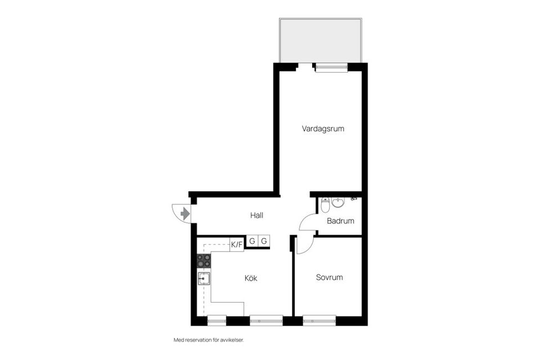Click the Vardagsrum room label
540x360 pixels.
pos(322,129)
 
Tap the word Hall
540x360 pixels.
pos(256,215)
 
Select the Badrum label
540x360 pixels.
pos(340,221)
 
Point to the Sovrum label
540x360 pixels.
pos(329,277)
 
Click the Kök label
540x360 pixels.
pos(251,278)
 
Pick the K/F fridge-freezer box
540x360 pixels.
pos(237,244)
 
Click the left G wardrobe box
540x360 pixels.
pos(252,242)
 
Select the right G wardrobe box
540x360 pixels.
pos(264,242)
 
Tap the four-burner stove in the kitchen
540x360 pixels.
pos(204,260)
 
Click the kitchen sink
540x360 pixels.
pos(204,277)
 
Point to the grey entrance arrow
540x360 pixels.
pos(185,213)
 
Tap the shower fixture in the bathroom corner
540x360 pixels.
pos(354,199)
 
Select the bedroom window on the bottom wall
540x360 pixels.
pos(319,321)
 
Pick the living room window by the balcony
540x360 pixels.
pos(331,67)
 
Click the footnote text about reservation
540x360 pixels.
pos(208,340)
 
